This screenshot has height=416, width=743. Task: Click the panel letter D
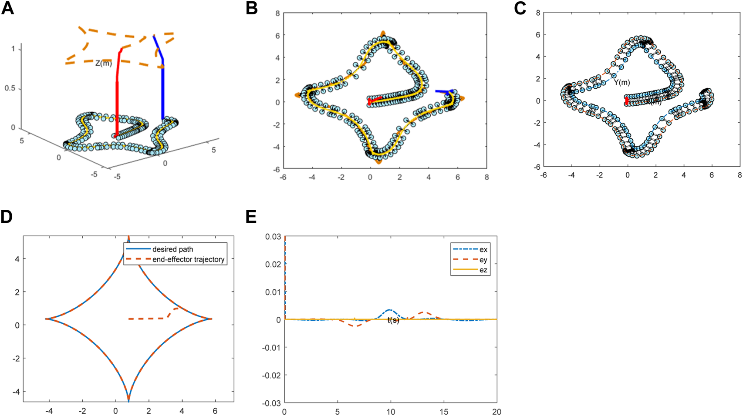7,216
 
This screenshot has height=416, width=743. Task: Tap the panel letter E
251,216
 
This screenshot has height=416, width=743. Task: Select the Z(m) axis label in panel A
104,64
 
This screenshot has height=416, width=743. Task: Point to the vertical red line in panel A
117,100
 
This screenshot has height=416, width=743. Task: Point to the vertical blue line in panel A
163,91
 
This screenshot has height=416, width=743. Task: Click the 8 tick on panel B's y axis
277,13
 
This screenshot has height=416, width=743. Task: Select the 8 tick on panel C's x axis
739,175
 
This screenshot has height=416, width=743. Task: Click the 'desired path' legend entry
172,249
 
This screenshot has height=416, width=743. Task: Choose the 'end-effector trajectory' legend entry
188,259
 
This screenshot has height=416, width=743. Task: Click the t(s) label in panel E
393,321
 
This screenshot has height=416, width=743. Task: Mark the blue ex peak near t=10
390,310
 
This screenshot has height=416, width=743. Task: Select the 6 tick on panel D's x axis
215,411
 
